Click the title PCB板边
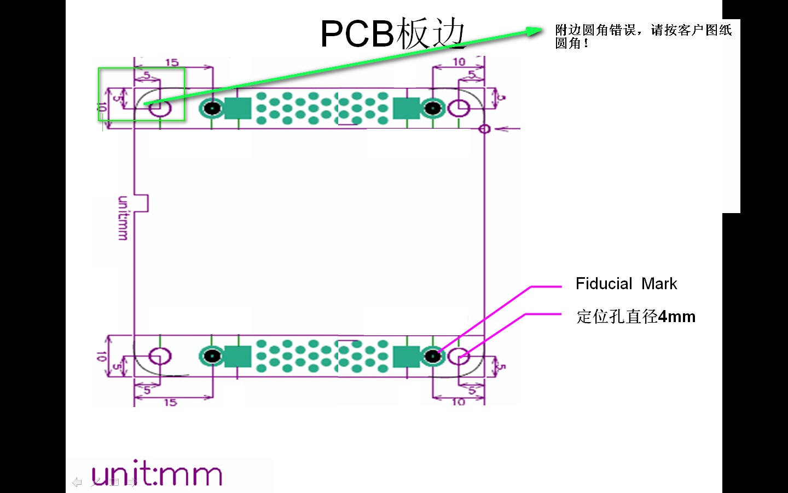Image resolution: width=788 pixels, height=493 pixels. tap(392, 33)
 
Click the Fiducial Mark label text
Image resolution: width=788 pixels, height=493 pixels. tap(626, 284)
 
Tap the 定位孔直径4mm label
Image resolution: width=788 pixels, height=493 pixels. tap(635, 317)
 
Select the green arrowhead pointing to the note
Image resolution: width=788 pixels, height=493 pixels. tap(534, 31)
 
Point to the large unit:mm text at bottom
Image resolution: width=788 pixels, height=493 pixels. tap(157, 474)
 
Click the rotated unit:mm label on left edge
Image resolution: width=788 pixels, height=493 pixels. tap(123, 218)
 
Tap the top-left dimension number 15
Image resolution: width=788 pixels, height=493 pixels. tap(172, 62)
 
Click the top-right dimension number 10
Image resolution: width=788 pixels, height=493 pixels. tap(459, 62)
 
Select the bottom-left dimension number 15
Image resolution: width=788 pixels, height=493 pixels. tap(170, 403)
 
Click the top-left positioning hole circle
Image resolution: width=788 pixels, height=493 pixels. tap(160, 108)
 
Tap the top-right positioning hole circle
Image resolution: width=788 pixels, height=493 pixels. tap(458, 108)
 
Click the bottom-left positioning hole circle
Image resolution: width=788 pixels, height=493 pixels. tap(160, 357)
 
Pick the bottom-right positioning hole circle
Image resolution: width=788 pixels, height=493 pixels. tap(459, 357)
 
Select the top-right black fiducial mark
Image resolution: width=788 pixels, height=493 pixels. tap(433, 108)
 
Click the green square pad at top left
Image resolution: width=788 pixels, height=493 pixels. tap(237, 108)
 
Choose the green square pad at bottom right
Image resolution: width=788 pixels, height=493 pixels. tap(407, 357)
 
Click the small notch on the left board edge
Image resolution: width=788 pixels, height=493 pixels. tap(142, 203)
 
